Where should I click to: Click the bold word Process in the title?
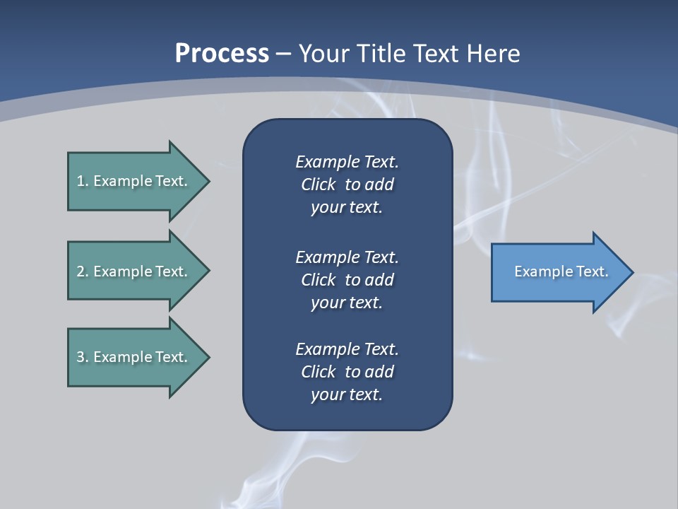(222, 54)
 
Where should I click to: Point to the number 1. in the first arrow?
(82, 181)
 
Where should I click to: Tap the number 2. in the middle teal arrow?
(82, 271)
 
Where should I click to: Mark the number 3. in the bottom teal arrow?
(82, 357)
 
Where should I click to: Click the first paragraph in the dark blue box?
(347, 185)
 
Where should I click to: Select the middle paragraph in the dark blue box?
(347, 280)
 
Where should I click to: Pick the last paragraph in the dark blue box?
(347, 372)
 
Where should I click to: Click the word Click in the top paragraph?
(318, 185)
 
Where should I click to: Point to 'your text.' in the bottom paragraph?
(347, 394)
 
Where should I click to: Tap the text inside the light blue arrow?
(561, 271)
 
